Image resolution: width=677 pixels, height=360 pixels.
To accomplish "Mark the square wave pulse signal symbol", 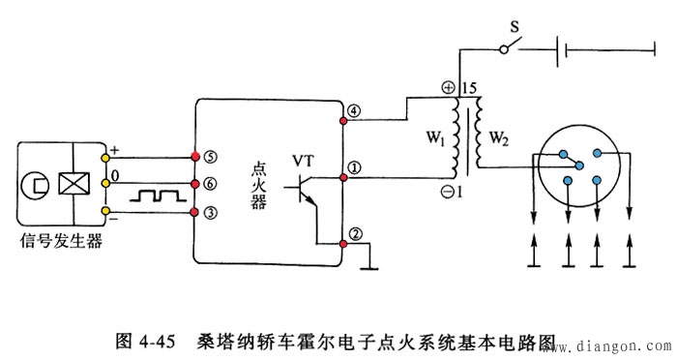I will (x=153, y=195).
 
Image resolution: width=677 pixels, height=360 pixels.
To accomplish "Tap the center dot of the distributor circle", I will (x=579, y=166).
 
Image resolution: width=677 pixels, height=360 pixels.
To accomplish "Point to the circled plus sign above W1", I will (x=449, y=88).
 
